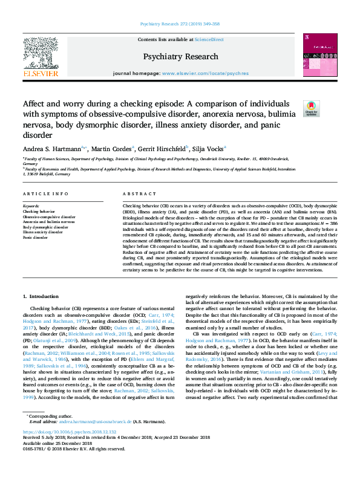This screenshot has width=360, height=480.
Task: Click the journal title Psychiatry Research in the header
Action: [x=180, y=56]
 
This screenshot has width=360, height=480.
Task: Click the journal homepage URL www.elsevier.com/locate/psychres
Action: [x=205, y=74]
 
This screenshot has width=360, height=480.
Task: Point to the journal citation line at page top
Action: [x=180, y=25]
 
